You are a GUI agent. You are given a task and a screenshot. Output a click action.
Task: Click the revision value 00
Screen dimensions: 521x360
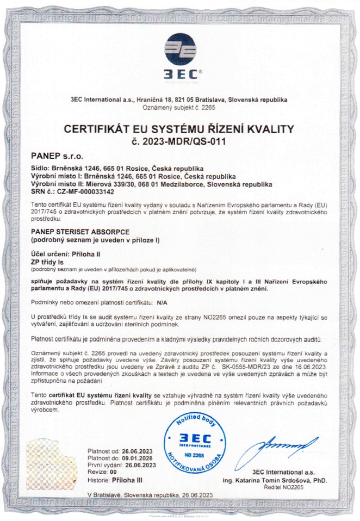click(x=113, y=472)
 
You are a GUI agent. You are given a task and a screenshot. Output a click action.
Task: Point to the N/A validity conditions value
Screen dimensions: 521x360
click(x=162, y=301)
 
